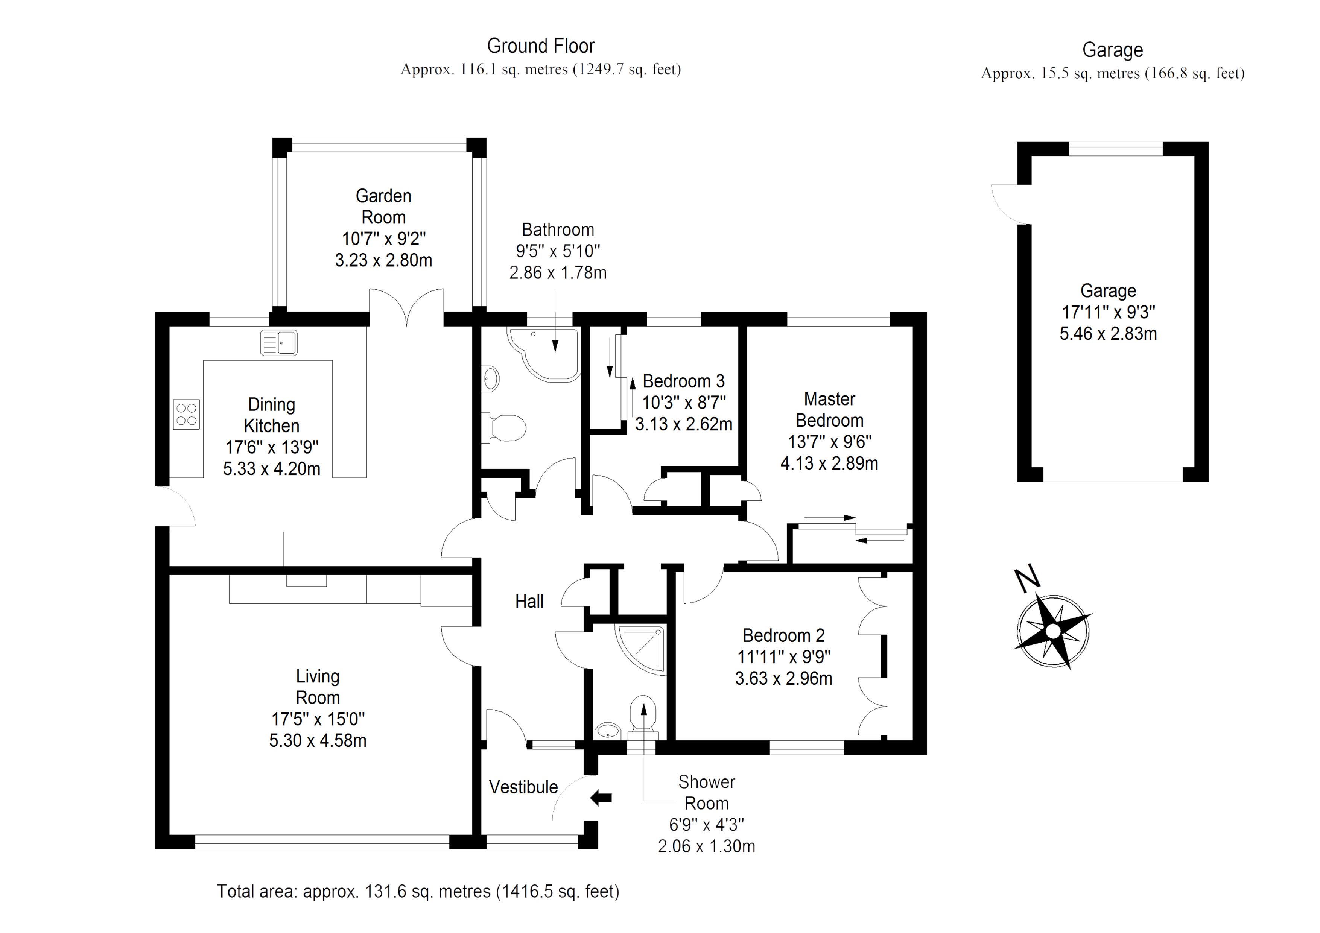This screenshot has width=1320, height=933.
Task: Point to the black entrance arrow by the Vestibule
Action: coord(601,797)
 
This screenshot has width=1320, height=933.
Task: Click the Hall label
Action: coord(529,602)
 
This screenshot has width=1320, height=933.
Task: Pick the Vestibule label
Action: coord(523,787)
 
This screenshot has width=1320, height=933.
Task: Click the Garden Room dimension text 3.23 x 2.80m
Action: coord(383,260)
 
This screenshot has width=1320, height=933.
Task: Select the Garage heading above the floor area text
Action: coord(1112,50)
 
